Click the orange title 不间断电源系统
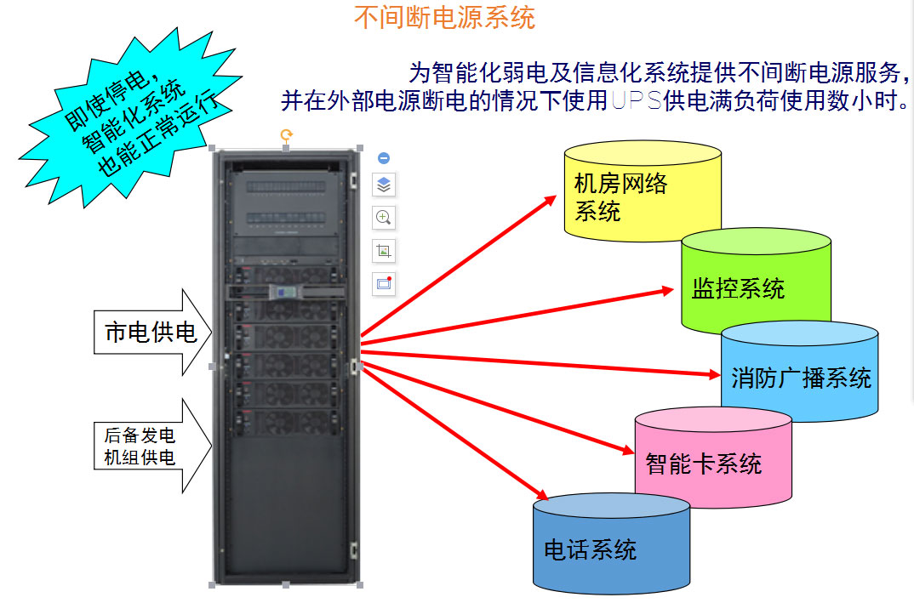point(444,17)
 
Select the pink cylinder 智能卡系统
point(713,464)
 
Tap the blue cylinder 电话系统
point(611,549)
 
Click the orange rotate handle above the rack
point(287,134)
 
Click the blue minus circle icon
point(384,158)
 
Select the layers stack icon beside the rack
point(384,185)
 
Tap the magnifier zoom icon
point(384,218)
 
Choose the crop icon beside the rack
point(384,251)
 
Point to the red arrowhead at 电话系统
point(540,495)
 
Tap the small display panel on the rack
point(284,292)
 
